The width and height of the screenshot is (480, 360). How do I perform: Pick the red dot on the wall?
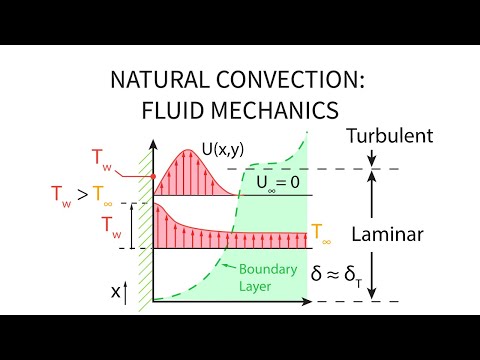(x=153, y=178)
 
